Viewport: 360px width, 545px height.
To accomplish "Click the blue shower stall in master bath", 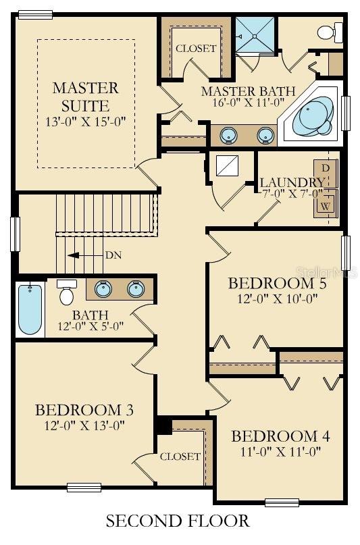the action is pyautogui.click(x=255, y=35).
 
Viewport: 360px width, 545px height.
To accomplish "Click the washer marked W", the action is pyautogui.click(x=326, y=203).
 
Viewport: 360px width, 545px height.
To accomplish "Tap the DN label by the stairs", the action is pyautogui.click(x=113, y=255).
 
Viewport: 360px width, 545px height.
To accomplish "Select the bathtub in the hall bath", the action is pyautogui.click(x=30, y=310).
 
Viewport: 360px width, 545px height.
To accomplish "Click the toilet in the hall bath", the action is pyautogui.click(x=66, y=292).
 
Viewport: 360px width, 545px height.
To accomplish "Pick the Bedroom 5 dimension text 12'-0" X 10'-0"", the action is pyautogui.click(x=278, y=299).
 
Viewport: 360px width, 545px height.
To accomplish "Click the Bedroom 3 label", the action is pyautogui.click(x=84, y=410).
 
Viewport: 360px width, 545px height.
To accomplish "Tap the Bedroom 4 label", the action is pyautogui.click(x=280, y=436).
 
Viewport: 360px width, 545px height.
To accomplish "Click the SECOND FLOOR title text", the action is pyautogui.click(x=178, y=521).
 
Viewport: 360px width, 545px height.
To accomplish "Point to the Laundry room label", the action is pyautogui.click(x=292, y=182).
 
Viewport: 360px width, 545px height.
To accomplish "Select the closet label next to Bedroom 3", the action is pyautogui.click(x=180, y=457).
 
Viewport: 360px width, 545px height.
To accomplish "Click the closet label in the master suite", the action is pyautogui.click(x=196, y=49).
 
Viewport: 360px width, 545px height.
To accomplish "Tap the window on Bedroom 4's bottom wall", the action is pyautogui.click(x=282, y=502).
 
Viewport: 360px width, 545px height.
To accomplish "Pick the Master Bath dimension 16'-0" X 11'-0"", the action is pyautogui.click(x=249, y=102).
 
